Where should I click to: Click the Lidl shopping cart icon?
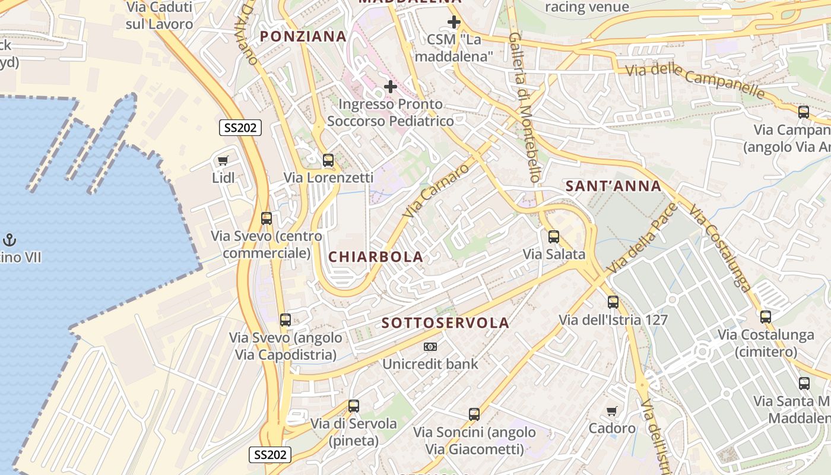point(223,160)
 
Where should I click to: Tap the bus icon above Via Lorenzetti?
point(328,160)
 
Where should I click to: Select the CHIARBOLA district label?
point(376,257)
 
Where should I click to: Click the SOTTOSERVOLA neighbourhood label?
point(445,323)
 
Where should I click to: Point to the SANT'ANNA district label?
point(613,186)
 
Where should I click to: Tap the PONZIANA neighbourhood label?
point(303,36)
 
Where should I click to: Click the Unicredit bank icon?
point(430,346)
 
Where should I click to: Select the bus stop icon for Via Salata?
point(554,236)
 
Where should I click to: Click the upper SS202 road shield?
point(240,128)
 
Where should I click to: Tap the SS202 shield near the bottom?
point(269,455)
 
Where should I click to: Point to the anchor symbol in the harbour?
point(9,240)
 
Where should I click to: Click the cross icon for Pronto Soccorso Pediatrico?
point(390,87)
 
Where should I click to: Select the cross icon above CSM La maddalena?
point(454,23)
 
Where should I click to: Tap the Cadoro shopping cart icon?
point(612,411)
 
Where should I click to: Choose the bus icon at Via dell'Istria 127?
point(613,302)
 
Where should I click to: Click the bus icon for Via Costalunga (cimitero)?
point(766,316)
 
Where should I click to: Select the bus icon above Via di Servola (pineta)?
point(354,406)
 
